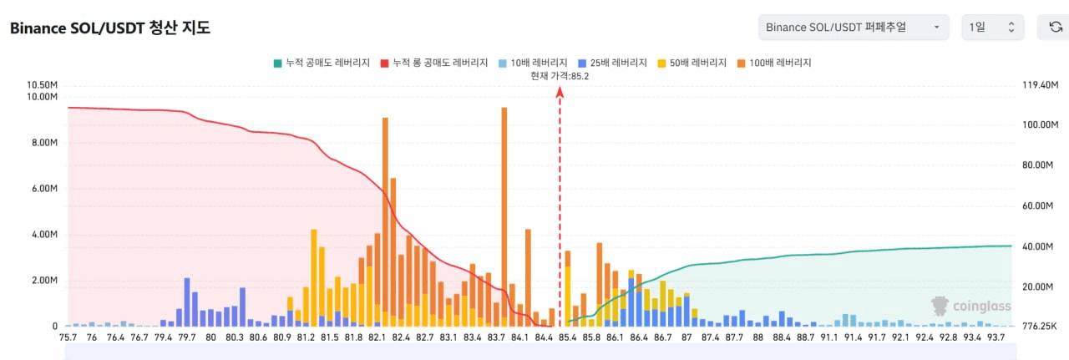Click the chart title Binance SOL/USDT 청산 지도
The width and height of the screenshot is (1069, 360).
(109, 28)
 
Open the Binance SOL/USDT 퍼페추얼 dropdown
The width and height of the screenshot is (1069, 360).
(854, 28)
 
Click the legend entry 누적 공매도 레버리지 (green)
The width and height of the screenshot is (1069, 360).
(321, 63)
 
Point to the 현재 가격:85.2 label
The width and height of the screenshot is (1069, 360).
(560, 76)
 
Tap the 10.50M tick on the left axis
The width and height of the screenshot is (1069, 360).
(42, 85)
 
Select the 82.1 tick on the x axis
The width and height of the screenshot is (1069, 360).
(377, 337)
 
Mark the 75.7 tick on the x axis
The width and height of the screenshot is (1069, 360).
(68, 337)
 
